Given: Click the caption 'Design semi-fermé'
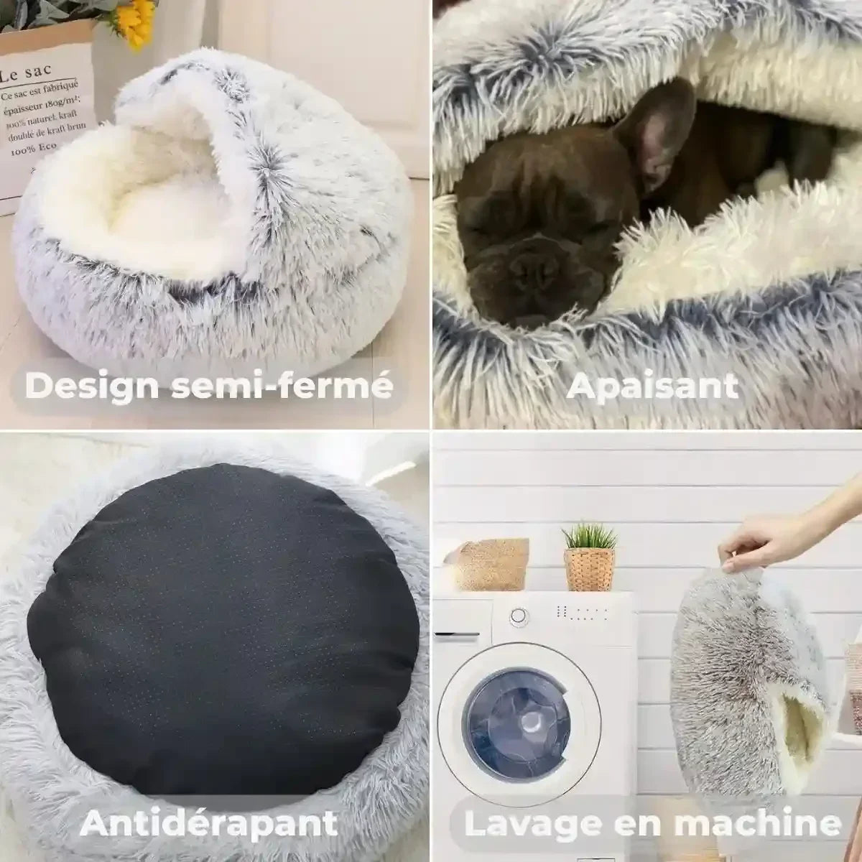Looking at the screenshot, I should (x=209, y=385).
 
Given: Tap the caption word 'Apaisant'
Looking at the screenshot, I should (x=652, y=386).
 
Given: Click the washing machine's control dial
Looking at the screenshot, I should (x=519, y=616).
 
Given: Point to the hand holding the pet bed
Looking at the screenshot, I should (x=754, y=546).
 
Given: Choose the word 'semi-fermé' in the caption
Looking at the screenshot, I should (x=282, y=385).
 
